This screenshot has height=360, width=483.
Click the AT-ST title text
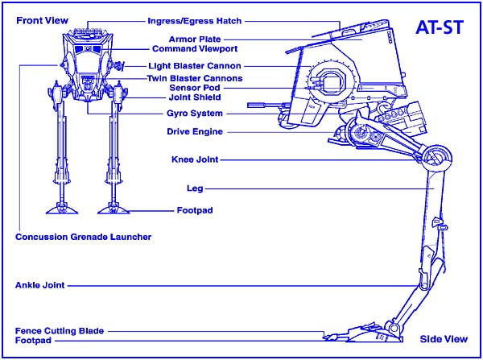coord(440,27)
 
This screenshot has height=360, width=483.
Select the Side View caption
coord(444,339)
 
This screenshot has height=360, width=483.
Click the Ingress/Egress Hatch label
coord(195,20)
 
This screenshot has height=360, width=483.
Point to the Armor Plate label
coord(196,39)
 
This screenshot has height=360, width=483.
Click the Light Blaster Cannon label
coord(196,65)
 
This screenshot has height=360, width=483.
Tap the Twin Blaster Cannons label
coord(194,78)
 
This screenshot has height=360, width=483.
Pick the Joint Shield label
coord(194,97)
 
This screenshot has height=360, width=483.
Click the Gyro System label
coord(194,114)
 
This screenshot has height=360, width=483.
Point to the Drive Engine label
coord(195,131)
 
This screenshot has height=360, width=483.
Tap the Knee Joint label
coord(195,159)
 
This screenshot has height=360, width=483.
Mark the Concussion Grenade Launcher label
coord(84,237)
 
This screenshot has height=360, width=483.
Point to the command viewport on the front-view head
coord(86,49)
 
